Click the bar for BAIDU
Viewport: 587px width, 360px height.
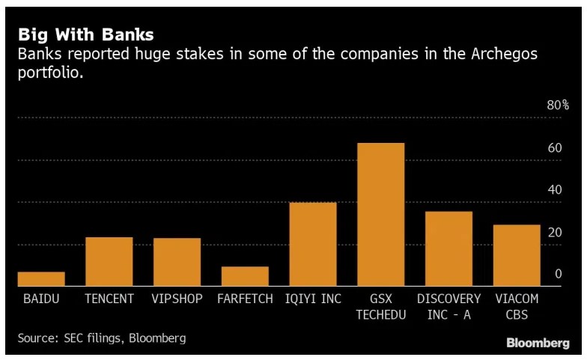tap(41, 278)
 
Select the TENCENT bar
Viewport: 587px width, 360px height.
tap(109, 261)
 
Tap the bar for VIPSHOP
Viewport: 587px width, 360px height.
tap(177, 262)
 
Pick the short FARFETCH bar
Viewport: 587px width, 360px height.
tap(245, 276)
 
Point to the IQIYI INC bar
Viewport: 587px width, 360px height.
tap(313, 244)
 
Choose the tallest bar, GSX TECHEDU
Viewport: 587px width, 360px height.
tap(381, 214)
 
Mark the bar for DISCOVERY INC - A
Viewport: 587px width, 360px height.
tap(448, 248)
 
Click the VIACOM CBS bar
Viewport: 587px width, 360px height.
tap(517, 255)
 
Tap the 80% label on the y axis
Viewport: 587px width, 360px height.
tap(558, 106)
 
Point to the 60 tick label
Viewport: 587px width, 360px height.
tap(555, 148)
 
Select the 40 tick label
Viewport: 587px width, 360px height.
tap(555, 190)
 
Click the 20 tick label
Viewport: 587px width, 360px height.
tap(555, 233)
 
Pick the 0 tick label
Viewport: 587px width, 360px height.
tap(559, 275)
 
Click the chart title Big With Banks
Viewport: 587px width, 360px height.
tap(86, 34)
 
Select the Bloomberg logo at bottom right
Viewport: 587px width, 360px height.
tap(538, 343)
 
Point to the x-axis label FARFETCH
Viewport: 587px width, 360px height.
tap(245, 299)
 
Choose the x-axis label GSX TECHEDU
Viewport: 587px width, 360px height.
tap(381, 307)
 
